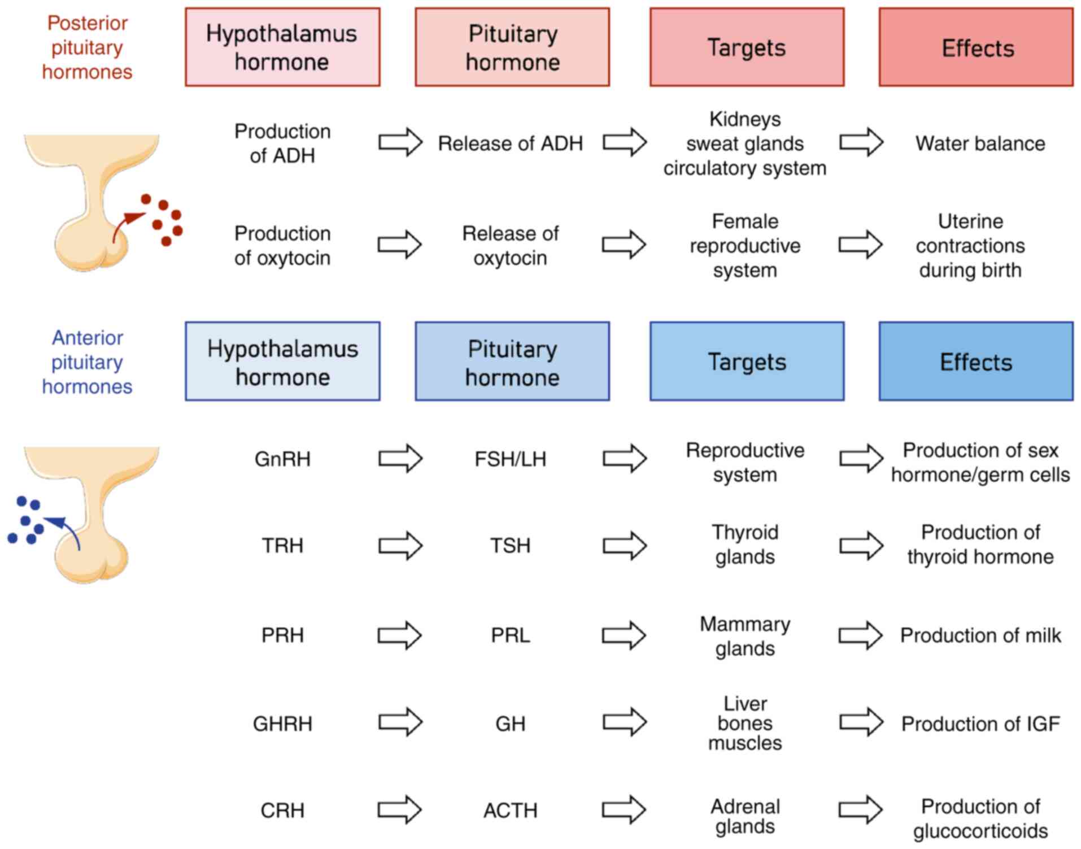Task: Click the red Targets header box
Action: coord(747,47)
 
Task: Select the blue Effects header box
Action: coord(975,362)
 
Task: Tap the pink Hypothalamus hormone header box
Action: coord(282,47)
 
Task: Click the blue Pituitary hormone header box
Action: coord(512,362)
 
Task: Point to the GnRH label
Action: coord(282,459)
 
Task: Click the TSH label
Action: coord(510,546)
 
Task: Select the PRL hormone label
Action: coord(510,635)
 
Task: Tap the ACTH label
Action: coord(510,811)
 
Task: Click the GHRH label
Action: coord(282,724)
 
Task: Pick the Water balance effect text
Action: coord(980,143)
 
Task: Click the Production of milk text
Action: coord(980,635)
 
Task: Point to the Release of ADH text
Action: coord(510,143)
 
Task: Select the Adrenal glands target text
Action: coord(745,816)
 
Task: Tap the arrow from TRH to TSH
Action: coord(400,546)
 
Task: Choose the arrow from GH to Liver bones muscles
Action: coord(625,722)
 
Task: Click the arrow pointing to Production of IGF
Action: coord(861,722)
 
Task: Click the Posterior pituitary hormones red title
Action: coord(87,47)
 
